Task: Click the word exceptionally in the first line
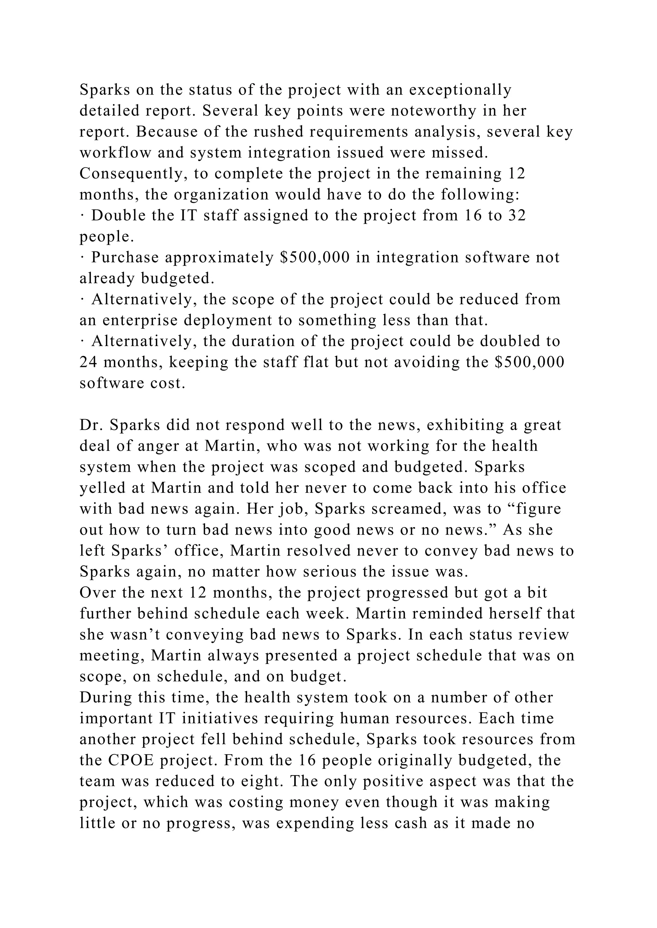pyautogui.click(x=460, y=90)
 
